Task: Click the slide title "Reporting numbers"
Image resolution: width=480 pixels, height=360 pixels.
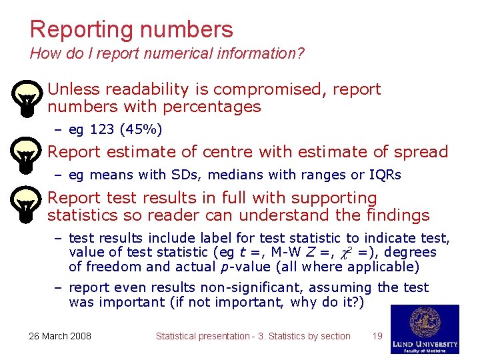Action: [x=131, y=29]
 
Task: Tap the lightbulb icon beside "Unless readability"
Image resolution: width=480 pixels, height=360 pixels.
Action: [x=25, y=98]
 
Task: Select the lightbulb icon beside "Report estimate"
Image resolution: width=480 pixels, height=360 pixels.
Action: [x=25, y=156]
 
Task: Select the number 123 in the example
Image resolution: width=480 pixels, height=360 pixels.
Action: [x=99, y=129]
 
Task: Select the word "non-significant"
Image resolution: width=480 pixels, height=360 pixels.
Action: [x=254, y=287]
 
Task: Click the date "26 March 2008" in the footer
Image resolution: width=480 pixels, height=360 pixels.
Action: [x=60, y=336]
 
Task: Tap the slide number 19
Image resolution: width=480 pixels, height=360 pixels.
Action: [x=377, y=336]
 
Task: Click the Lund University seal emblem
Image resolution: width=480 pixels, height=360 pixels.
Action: [x=425, y=323]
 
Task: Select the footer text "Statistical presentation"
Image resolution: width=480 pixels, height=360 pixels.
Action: [x=202, y=336]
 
